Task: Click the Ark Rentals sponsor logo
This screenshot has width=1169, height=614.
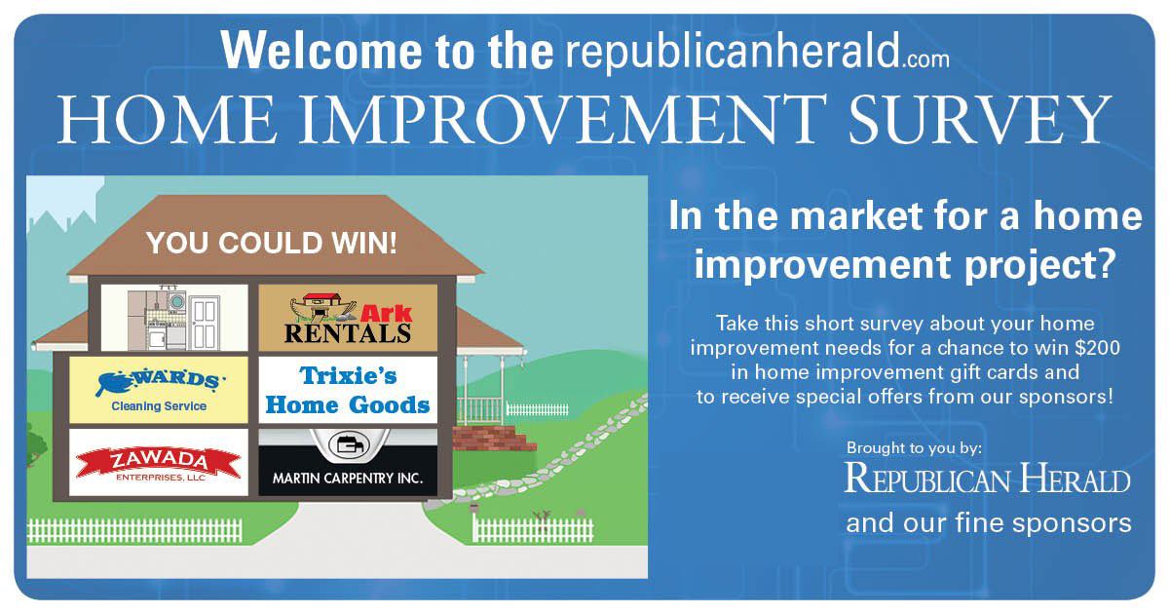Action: pyautogui.click(x=348, y=318)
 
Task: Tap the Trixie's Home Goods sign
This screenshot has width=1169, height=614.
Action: pyautogui.click(x=348, y=390)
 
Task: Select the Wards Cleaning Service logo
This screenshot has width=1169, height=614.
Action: pyautogui.click(x=159, y=390)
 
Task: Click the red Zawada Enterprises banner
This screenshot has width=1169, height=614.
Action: pyautogui.click(x=159, y=463)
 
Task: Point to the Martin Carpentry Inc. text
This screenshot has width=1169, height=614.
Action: pyautogui.click(x=348, y=479)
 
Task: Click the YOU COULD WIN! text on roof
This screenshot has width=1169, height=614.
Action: pyautogui.click(x=272, y=244)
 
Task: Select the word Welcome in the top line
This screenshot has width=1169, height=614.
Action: pyautogui.click(x=321, y=50)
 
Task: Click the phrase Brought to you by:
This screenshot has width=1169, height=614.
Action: pyautogui.click(x=914, y=448)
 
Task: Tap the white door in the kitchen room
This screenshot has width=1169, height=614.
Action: pyautogui.click(x=205, y=324)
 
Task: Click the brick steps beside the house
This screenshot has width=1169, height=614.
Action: pyautogui.click(x=492, y=439)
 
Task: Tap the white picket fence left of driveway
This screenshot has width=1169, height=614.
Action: pyautogui.click(x=134, y=531)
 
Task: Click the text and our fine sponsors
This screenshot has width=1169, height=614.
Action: pyautogui.click(x=989, y=523)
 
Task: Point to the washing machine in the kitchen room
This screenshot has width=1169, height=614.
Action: pyautogui.click(x=176, y=302)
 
